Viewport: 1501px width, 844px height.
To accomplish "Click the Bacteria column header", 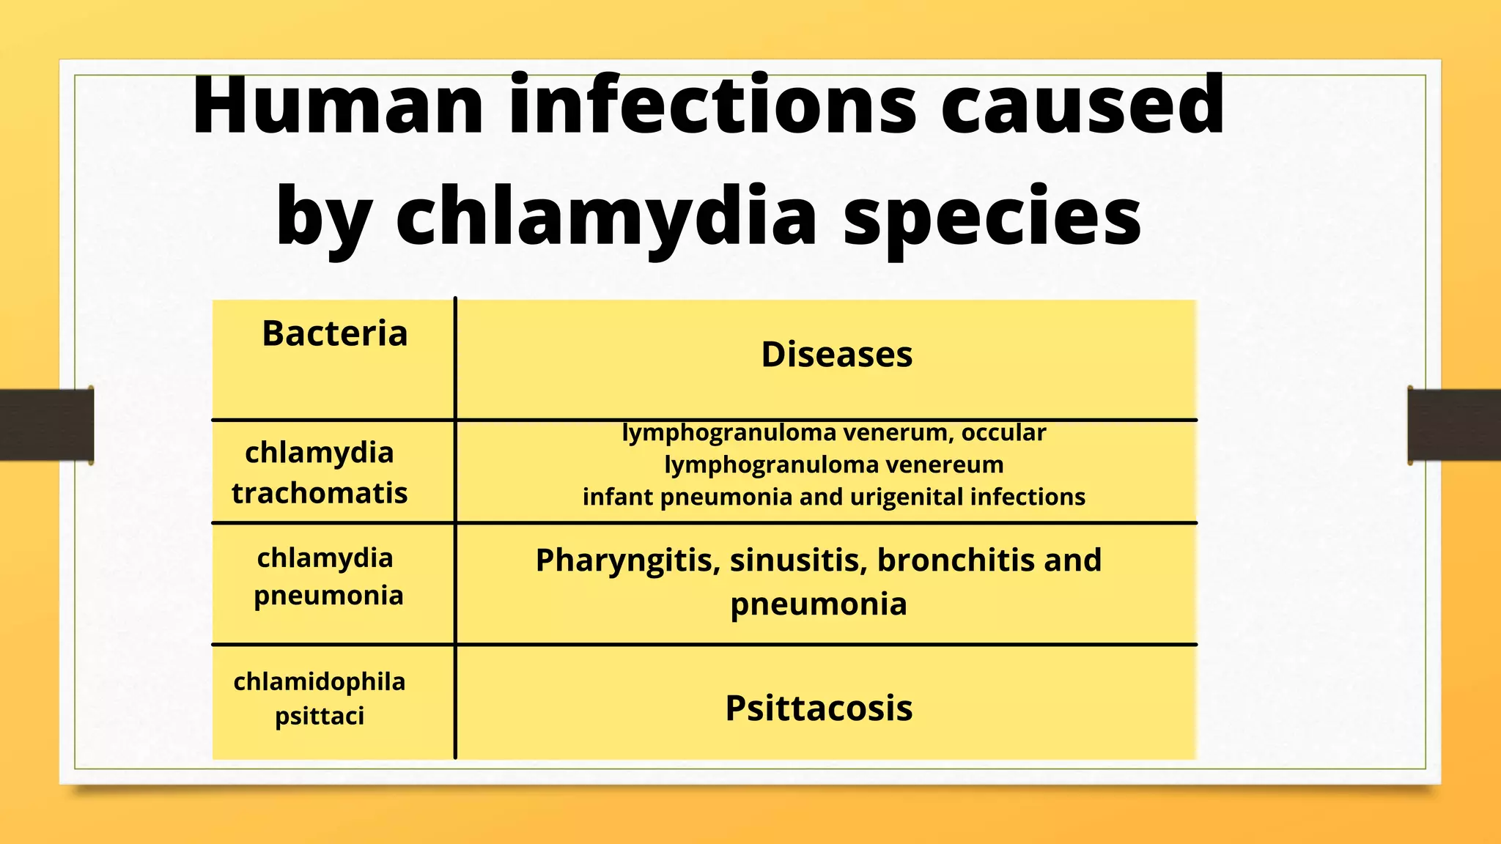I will point(334,334).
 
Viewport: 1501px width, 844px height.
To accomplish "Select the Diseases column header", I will point(836,355).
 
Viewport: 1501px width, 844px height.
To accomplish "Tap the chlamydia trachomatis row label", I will point(320,473).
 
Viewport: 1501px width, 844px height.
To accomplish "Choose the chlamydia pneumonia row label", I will point(328,577).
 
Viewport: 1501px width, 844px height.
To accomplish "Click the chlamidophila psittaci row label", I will point(320,698).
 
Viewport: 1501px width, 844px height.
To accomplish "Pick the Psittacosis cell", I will point(819,708).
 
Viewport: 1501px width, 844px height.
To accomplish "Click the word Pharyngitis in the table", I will point(627,561).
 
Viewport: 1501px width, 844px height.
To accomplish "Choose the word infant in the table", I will point(617,497).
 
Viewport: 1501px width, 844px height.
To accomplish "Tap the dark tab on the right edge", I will point(1454,425).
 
